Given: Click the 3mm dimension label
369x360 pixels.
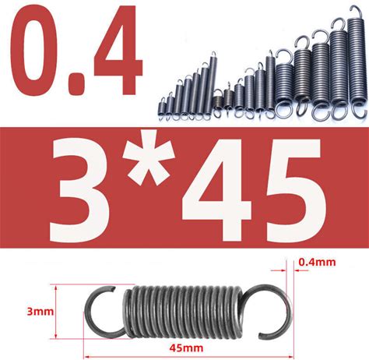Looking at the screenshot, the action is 40,312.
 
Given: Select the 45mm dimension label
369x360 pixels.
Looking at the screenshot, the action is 186,348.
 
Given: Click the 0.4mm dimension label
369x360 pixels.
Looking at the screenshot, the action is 317,262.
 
